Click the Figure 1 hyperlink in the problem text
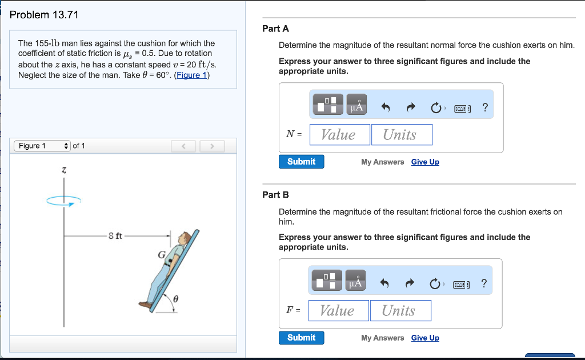pyautogui.click(x=192, y=75)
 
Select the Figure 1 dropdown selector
pyautogui.click(x=42, y=146)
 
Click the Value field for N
pyautogui.click(x=340, y=135)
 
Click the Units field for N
pyautogui.click(x=402, y=135)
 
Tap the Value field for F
pyautogui.click(x=339, y=311)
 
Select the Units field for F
pyautogui.click(x=400, y=311)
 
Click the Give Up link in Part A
pyautogui.click(x=425, y=162)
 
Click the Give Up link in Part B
pyautogui.click(x=425, y=338)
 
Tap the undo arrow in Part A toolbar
pyautogui.click(x=386, y=107)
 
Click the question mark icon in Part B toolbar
pyautogui.click(x=484, y=283)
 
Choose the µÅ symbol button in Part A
pyautogui.click(x=356, y=105)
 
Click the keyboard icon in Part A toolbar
pyautogui.click(x=462, y=109)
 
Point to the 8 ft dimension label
pyautogui.click(x=115, y=236)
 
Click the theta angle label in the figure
pyautogui.click(x=176, y=299)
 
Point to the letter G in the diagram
pyautogui.click(x=162, y=255)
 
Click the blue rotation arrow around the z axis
pyautogui.click(x=64, y=201)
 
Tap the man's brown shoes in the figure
pyautogui.click(x=146, y=305)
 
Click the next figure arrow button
pyautogui.click(x=212, y=146)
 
